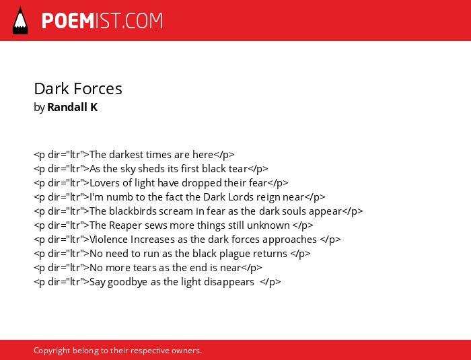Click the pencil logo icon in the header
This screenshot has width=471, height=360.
[x=20, y=20]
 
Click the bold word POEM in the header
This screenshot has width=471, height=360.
[x=68, y=21]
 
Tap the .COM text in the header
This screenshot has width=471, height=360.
[x=141, y=21]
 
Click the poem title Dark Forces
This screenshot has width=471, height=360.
[x=78, y=89]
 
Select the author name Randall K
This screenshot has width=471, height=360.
[x=73, y=107]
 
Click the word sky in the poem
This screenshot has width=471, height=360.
[x=128, y=169]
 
